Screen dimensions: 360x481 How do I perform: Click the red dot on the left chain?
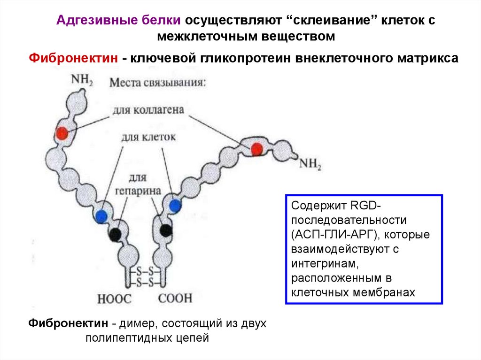tap(62, 134)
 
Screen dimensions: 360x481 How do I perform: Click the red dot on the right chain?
tap(256, 149)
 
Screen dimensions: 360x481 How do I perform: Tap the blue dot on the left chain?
tap(101, 216)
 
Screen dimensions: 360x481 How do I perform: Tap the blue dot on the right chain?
tap(175, 205)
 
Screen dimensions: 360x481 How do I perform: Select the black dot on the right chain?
tap(165, 230)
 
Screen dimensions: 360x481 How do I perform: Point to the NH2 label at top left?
tap(81, 79)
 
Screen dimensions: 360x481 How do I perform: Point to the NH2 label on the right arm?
tap(310, 164)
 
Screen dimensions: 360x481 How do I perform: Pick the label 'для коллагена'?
tap(148, 111)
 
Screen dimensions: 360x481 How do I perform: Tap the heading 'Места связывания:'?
tap(157, 83)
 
